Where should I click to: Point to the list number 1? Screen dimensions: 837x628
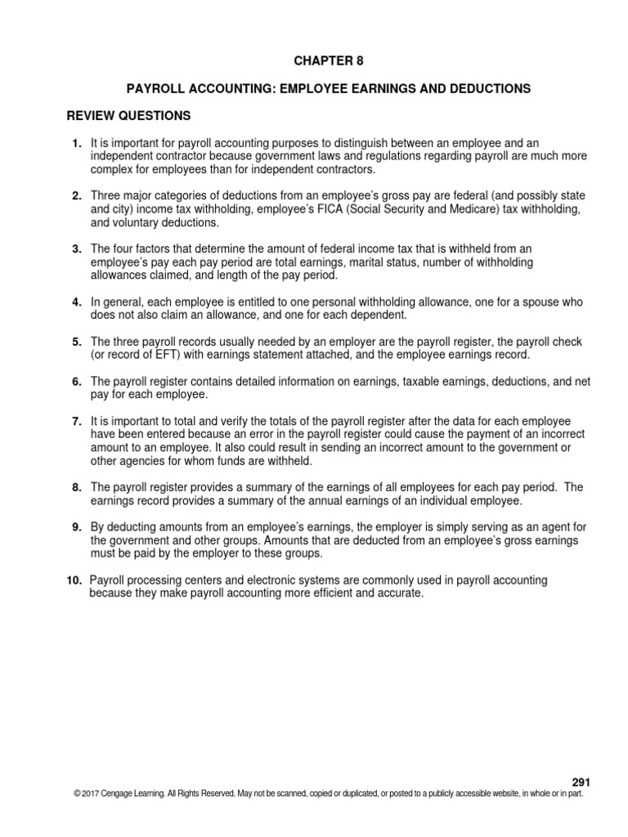(x=77, y=143)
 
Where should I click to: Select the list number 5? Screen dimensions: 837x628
(x=77, y=342)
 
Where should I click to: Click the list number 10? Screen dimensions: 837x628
(x=74, y=580)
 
